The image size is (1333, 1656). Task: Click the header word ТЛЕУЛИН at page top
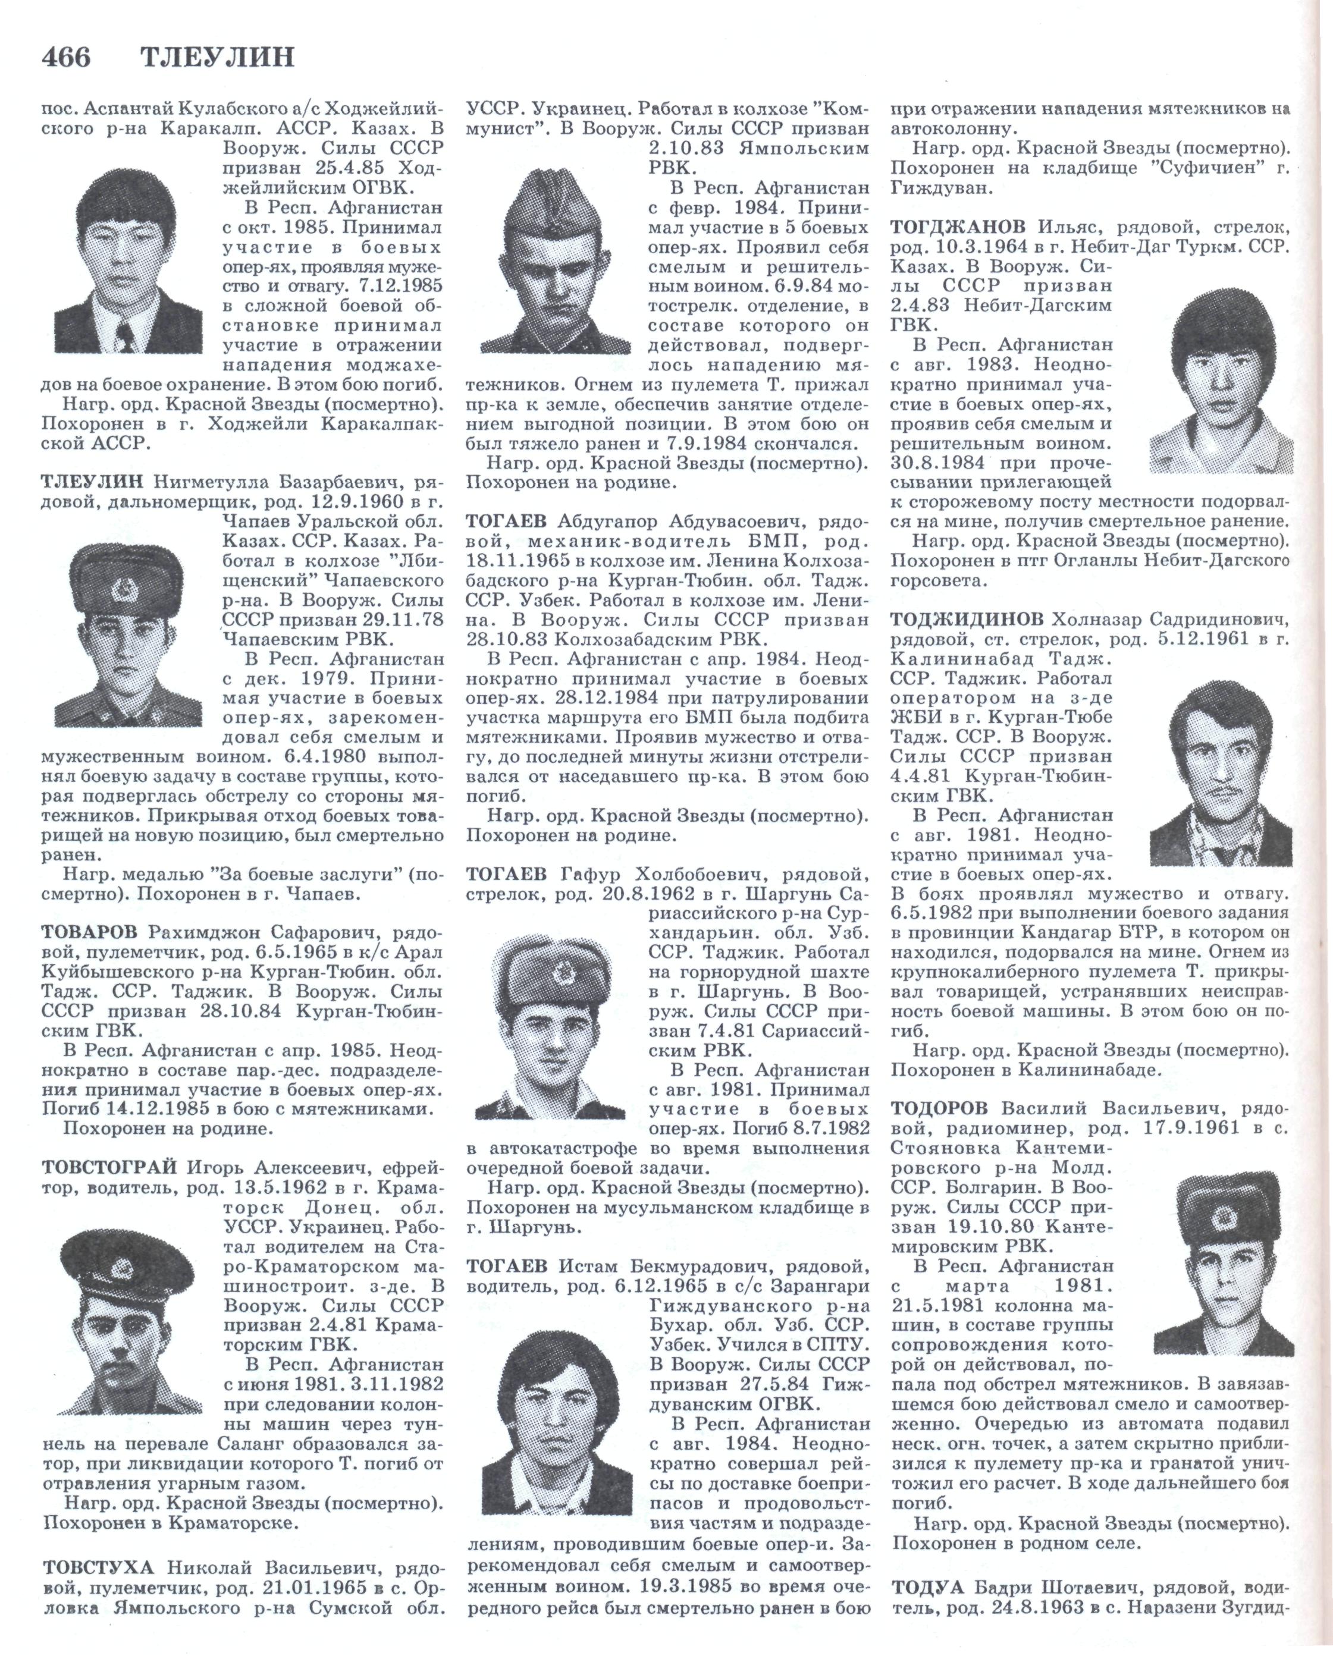(218, 58)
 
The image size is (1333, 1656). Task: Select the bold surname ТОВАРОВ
(90, 932)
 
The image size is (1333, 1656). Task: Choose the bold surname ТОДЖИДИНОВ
(967, 619)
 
